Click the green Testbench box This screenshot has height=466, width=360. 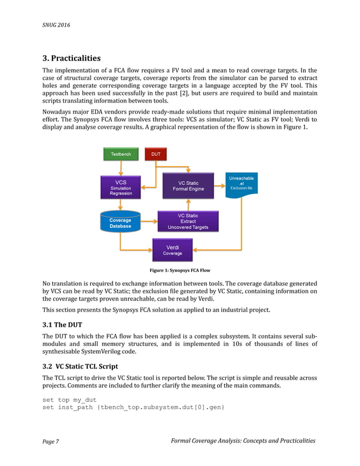pyautogui.click(x=121, y=154)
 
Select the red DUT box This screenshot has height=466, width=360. pyautogui.click(x=155, y=154)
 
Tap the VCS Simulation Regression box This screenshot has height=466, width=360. pyautogui.click(x=121, y=187)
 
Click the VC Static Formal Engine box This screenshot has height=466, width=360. pyautogui.click(x=188, y=186)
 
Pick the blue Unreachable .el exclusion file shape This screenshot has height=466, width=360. pyautogui.click(x=241, y=184)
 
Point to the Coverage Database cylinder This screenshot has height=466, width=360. pyautogui.click(x=120, y=222)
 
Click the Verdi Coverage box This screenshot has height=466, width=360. pyautogui.click(x=172, y=250)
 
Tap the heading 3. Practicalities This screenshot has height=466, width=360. pyautogui.click(x=72, y=58)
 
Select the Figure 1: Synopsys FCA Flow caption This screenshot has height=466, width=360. pyautogui.click(x=179, y=270)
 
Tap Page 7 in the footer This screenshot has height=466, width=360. pyautogui.click(x=51, y=441)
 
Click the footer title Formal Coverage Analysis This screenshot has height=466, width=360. pyautogui.click(x=243, y=441)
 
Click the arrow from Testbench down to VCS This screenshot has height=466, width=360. pyautogui.click(x=121, y=168)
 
